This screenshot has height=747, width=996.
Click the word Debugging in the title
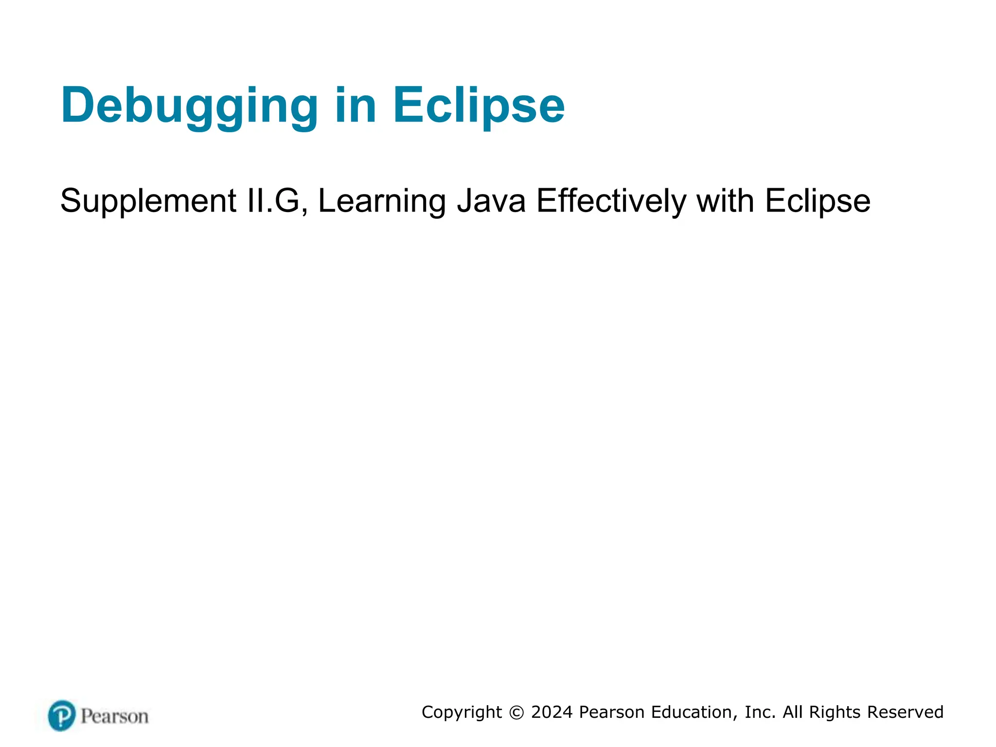[189, 106]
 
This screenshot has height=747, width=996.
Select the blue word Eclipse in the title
[478, 106]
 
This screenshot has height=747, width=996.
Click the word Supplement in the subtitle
[148, 201]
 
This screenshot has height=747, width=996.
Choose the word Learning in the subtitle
[382, 201]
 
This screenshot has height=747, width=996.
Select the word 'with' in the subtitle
[725, 201]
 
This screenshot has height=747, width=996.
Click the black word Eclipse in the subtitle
[818, 201]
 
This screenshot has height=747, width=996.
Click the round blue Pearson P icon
[62, 715]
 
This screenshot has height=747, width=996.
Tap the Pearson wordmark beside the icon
[115, 716]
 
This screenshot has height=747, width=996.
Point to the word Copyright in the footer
[462, 712]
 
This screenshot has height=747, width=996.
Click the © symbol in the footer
[516, 713]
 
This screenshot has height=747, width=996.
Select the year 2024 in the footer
[552, 712]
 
